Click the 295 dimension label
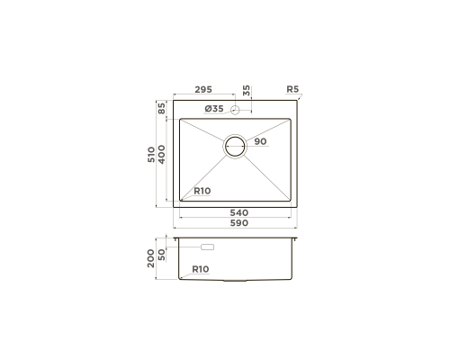(203, 89)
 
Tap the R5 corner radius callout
(292, 89)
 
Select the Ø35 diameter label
(214, 109)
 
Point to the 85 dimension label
(161, 108)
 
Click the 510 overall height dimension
(151, 155)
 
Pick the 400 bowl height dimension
(161, 155)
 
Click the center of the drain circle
(235, 146)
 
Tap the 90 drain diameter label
(260, 141)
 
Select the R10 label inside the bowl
(202, 191)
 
